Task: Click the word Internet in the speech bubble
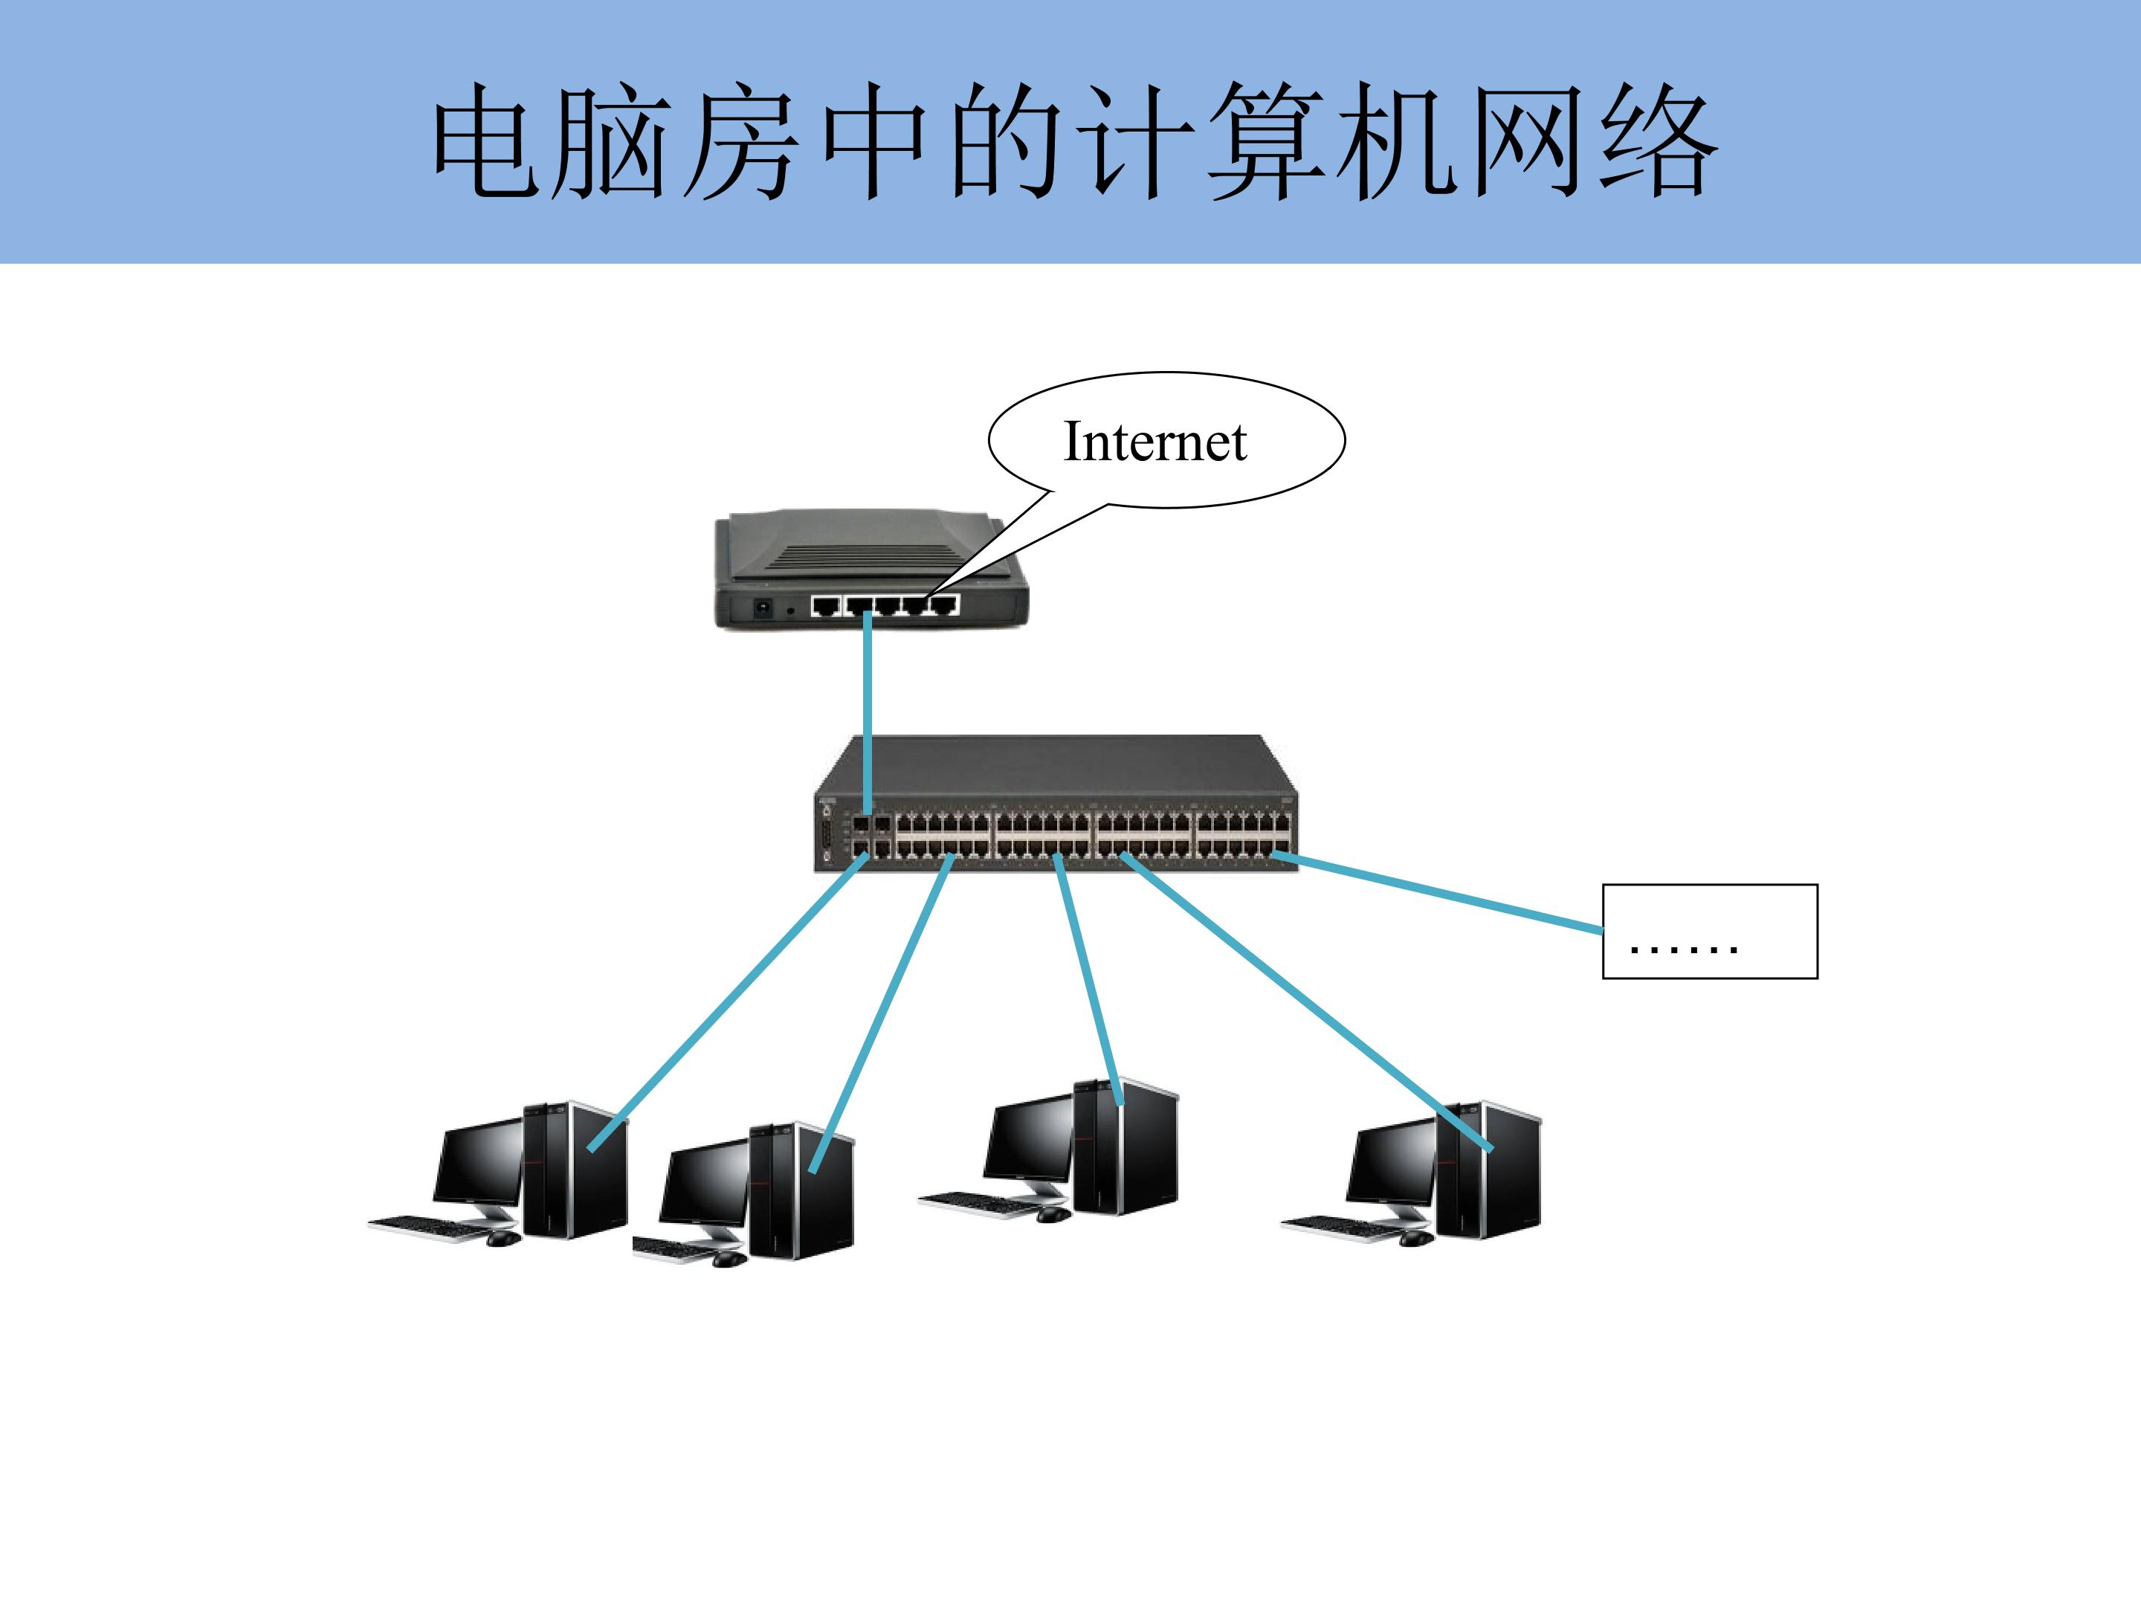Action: pyautogui.click(x=1155, y=442)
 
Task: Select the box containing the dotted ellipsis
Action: pyautogui.click(x=1711, y=932)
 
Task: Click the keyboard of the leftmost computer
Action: pyautogui.click(x=430, y=1227)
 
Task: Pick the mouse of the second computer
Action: pyautogui.click(x=729, y=1260)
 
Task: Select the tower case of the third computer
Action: pyautogui.click(x=1126, y=1147)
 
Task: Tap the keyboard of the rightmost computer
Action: pyautogui.click(x=1343, y=1228)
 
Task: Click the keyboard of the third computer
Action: pyautogui.click(x=980, y=1202)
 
